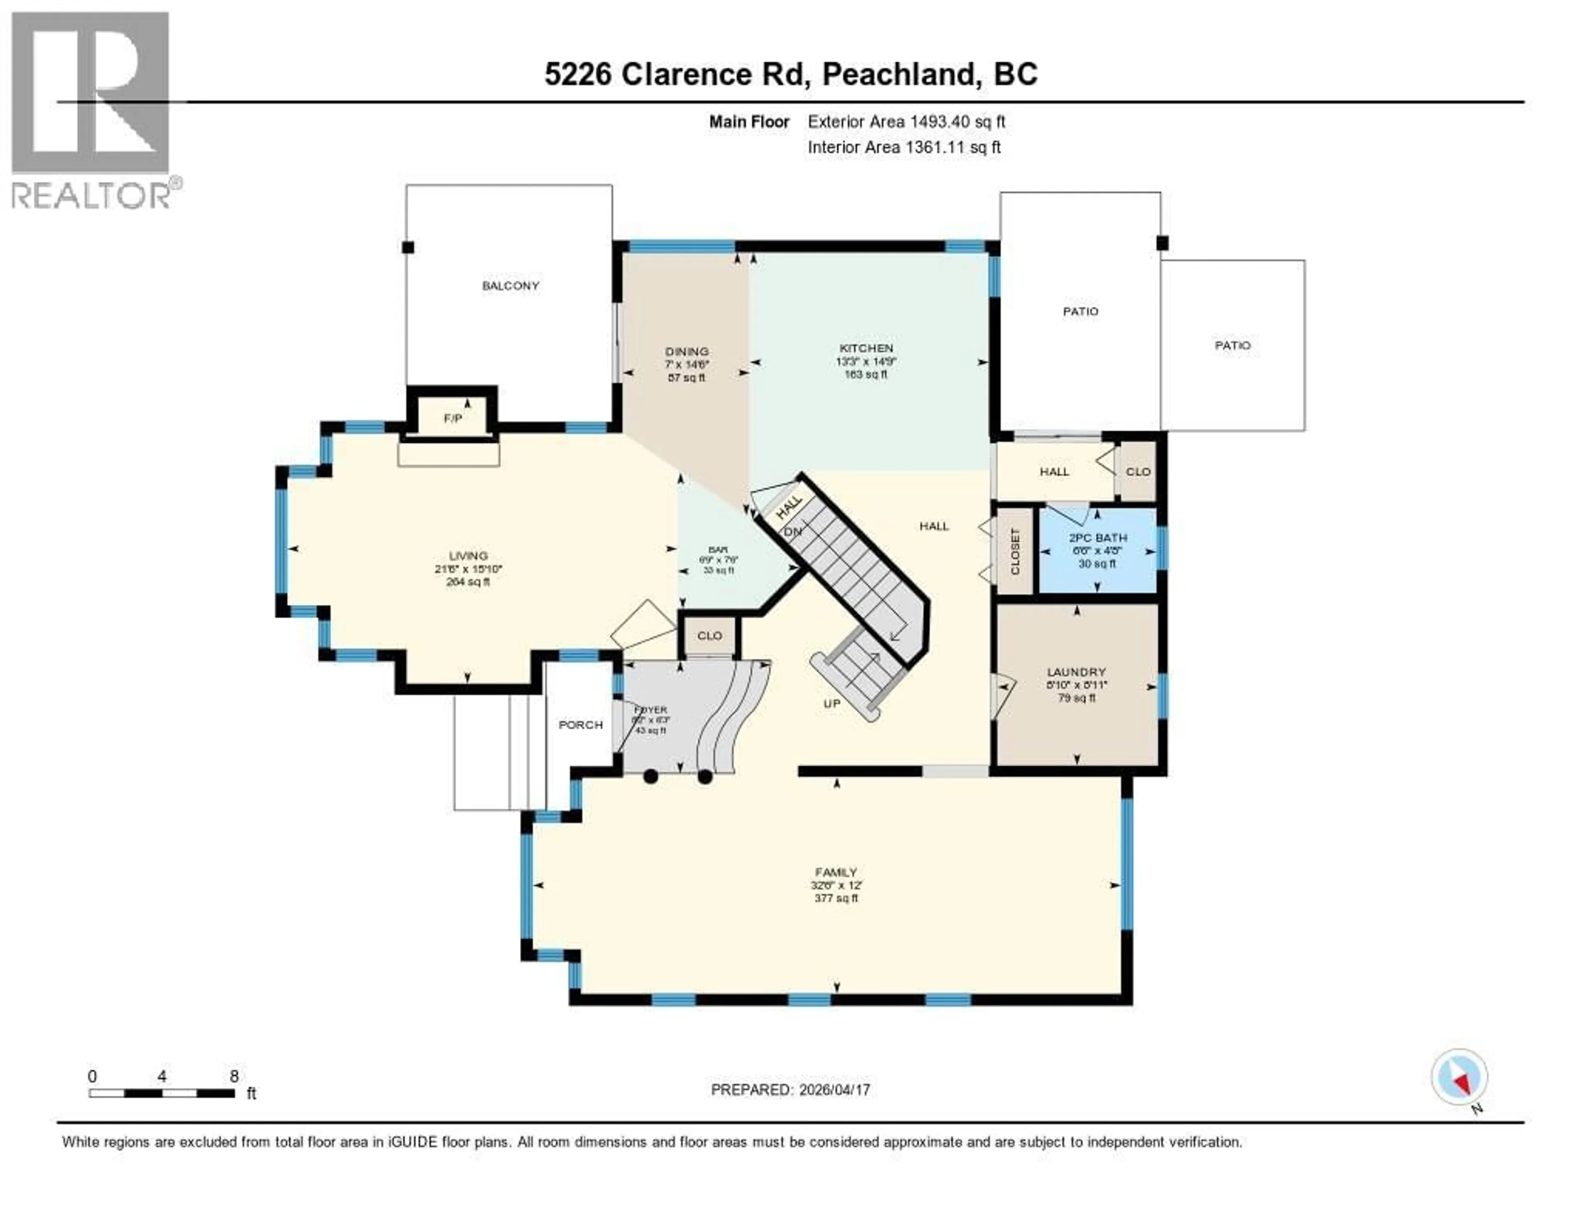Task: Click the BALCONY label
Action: tap(511, 286)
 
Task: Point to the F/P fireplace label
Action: tap(452, 418)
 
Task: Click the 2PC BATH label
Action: tap(1097, 538)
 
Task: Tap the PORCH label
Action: tap(581, 725)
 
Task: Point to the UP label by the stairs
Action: tap(832, 704)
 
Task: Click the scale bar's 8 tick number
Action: tap(234, 1076)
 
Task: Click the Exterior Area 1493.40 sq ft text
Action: tap(906, 121)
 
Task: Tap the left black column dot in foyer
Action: tap(650, 776)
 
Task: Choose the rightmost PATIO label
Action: tap(1232, 345)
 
